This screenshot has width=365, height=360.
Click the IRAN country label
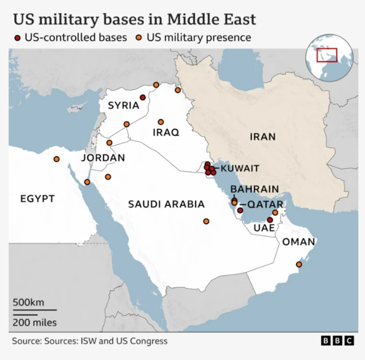coord(262,136)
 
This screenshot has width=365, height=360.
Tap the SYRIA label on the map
coord(123,105)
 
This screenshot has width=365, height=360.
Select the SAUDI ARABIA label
coord(166,204)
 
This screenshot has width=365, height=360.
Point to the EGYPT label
coord(38,199)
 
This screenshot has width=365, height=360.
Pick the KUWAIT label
coord(240,168)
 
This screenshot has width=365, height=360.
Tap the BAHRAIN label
coord(255,189)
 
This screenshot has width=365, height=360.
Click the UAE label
coord(264,227)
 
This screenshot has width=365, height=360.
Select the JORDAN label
coord(103,157)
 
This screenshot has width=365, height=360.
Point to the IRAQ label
coord(166,132)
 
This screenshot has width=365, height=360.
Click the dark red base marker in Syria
coord(143,98)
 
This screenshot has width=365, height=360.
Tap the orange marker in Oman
coord(298,264)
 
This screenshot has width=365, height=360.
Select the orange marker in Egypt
coord(56,159)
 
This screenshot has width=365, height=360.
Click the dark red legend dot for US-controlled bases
coord(18,38)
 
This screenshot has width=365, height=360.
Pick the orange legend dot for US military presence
coord(139,38)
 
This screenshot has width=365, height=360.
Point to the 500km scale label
coord(29,302)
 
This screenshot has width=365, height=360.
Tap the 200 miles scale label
coord(35,322)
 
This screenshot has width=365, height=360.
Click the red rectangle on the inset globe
coord(327,55)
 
